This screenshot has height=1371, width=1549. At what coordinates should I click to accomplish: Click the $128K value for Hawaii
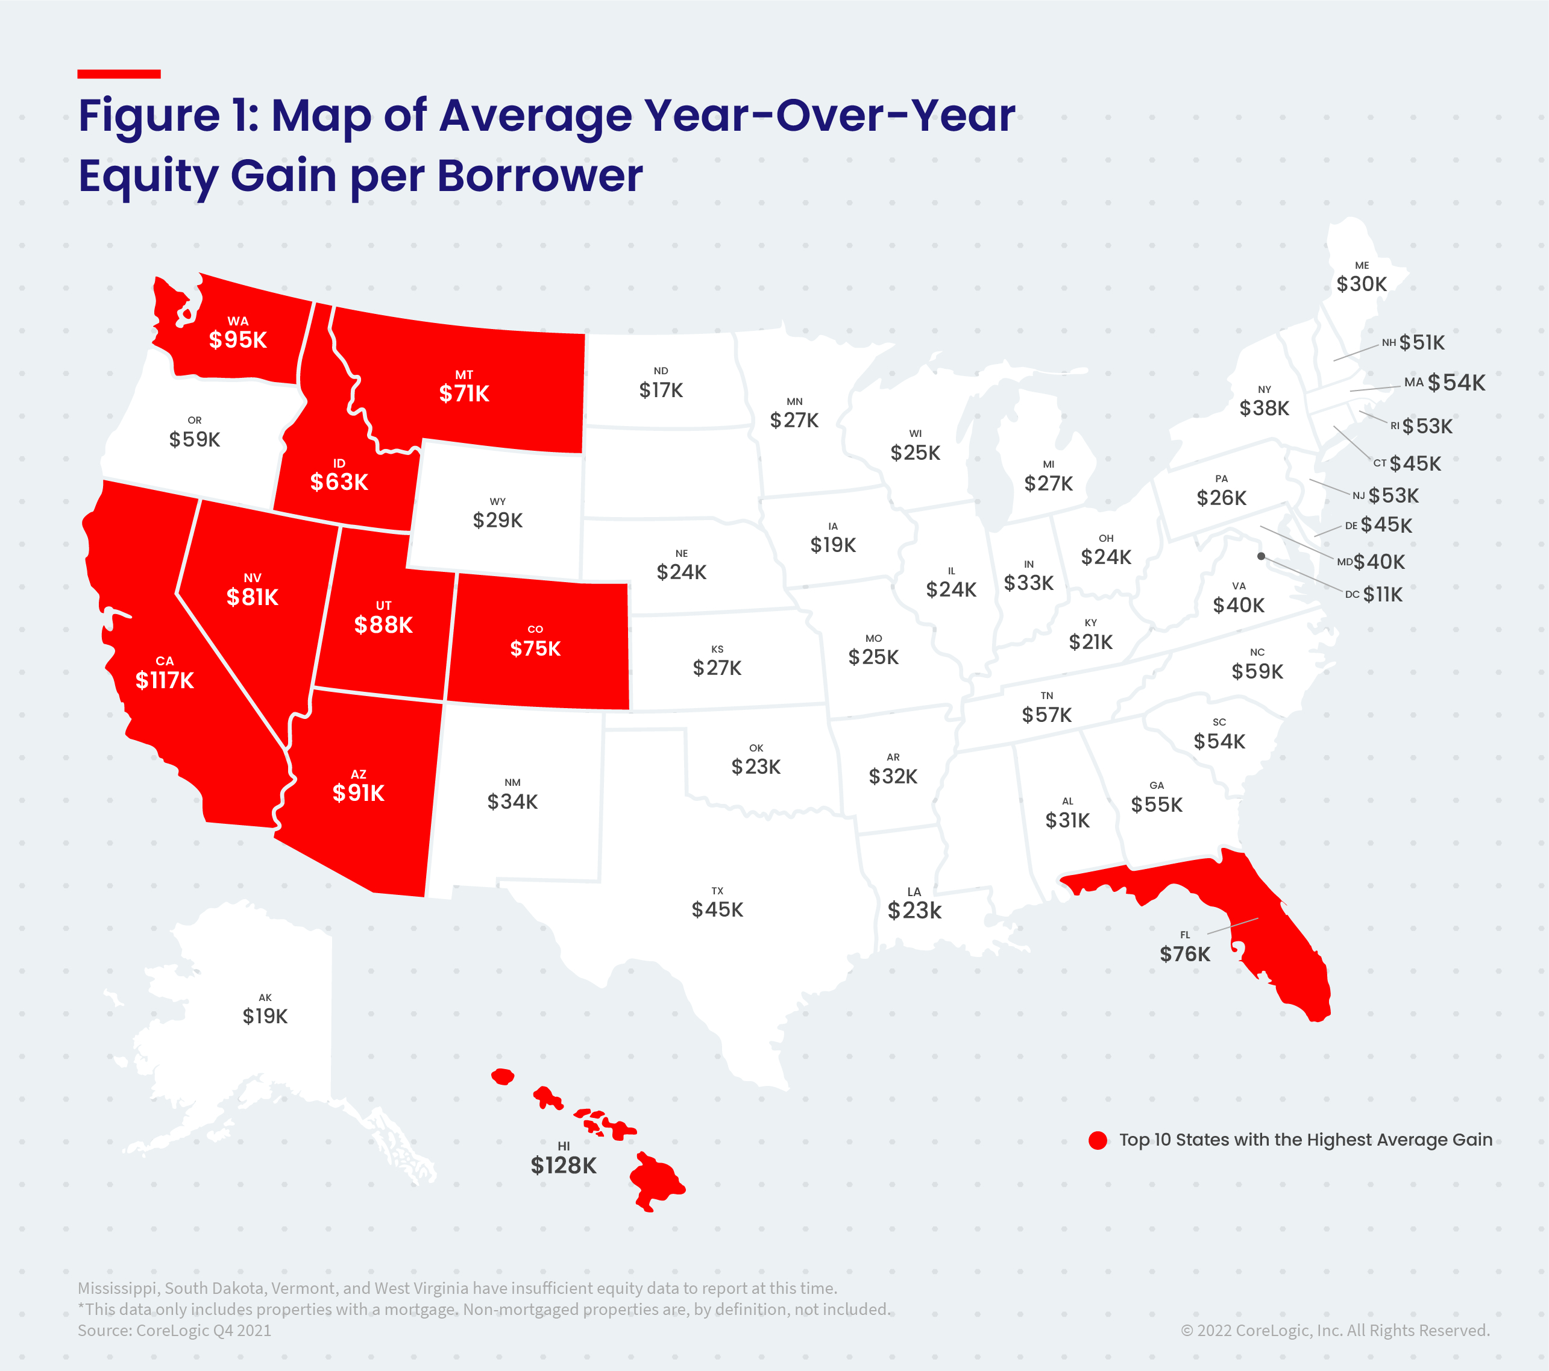563,1165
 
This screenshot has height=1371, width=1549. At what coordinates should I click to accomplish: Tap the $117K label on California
165,680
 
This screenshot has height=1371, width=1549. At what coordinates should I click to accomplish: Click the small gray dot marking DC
1261,556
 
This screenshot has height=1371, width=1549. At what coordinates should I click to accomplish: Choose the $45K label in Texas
717,909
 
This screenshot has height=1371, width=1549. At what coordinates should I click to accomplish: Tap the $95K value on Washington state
238,339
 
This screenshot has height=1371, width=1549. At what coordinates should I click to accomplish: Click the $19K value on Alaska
265,1015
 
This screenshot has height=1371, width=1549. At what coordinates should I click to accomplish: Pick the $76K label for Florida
1184,953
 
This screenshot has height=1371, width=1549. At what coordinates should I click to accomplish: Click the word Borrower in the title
539,176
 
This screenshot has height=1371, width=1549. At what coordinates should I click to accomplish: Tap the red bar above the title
119,74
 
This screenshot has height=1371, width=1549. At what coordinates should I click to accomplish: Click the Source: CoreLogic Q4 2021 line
174,1330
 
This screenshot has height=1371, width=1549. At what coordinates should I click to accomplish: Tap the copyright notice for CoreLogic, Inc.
1334,1330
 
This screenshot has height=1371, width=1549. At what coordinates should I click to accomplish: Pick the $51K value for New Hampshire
1422,342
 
